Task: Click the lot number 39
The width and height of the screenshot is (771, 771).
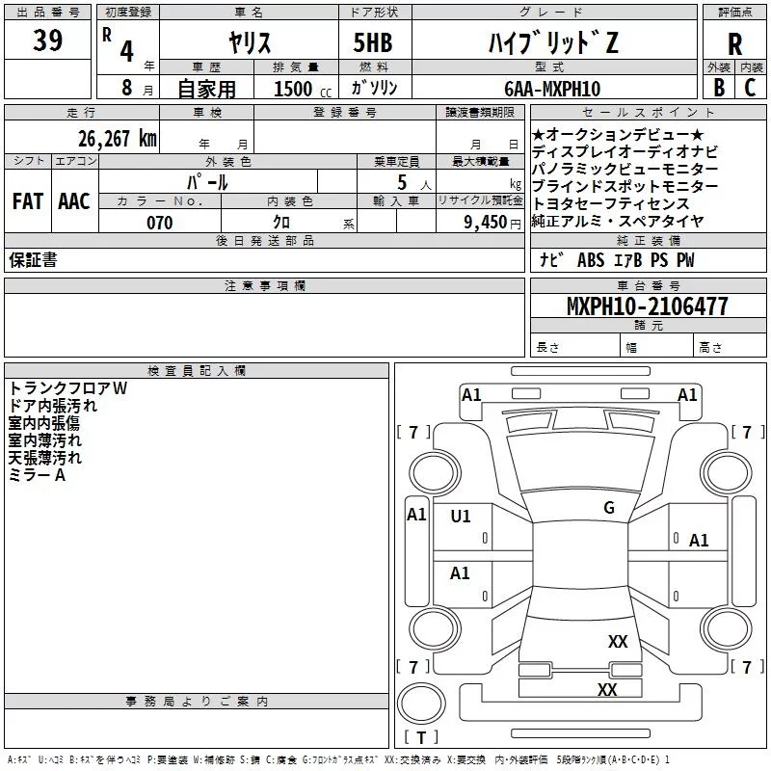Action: point(47,40)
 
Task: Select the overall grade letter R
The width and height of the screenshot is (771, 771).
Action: point(734,44)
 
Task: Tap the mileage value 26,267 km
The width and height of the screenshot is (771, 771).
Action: point(117,139)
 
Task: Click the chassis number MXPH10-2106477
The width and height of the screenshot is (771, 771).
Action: point(648,306)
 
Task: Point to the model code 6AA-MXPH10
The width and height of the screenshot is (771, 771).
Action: point(552,89)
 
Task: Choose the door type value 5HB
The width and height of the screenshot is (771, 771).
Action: point(373,42)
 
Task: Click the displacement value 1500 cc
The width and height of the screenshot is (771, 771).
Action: point(303,89)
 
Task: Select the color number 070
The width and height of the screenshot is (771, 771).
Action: point(160,223)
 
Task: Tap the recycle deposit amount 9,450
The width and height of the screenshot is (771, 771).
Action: point(486,223)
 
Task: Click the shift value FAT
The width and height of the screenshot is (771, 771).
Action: point(28,201)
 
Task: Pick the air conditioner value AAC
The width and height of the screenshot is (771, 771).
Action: point(74,201)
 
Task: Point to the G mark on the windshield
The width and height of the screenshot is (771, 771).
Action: point(609,508)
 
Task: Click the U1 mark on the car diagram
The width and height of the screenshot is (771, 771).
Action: point(461,517)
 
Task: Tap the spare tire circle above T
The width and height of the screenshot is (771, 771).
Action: point(421,703)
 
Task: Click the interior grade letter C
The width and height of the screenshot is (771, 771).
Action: point(750,88)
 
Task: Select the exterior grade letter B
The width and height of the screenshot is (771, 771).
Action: point(719,88)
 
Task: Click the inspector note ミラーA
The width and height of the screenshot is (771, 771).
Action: point(37,475)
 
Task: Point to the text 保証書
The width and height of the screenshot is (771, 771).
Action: point(33,259)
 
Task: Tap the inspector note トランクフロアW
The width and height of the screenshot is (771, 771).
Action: point(67,388)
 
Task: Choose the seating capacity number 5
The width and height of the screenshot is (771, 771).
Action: point(402,182)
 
